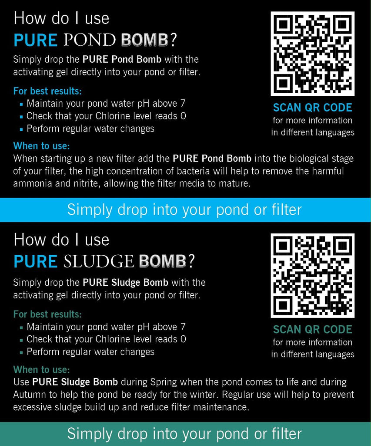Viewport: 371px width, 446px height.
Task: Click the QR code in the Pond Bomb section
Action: [x=312, y=54]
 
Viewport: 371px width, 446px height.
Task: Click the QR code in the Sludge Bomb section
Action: [x=312, y=275]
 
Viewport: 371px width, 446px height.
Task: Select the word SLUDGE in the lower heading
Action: [x=98, y=261]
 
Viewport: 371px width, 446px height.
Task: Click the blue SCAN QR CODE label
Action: [x=312, y=107]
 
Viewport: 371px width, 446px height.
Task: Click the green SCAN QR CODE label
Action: [x=312, y=329]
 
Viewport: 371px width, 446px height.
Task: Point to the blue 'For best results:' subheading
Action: [x=47, y=91]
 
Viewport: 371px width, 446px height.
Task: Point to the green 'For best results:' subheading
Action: [x=47, y=314]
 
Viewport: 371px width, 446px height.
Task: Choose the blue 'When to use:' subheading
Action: [x=41, y=145]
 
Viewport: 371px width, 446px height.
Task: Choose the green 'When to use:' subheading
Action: [x=41, y=370]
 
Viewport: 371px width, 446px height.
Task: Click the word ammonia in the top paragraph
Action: [x=32, y=183]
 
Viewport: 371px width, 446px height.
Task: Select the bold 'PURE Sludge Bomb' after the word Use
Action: [x=75, y=382]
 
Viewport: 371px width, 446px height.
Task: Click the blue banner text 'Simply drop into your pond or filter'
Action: [x=184, y=209]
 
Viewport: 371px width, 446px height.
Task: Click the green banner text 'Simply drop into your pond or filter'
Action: [x=184, y=434]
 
